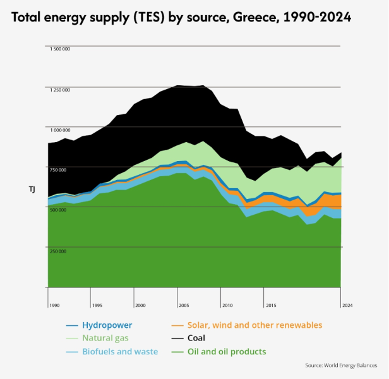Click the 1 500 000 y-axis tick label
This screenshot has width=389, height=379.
[60, 49]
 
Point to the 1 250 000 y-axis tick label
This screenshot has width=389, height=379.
[60, 90]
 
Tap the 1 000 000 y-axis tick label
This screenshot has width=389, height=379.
[60, 129]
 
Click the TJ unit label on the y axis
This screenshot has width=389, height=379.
[32, 189]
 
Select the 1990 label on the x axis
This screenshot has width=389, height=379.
[54, 305]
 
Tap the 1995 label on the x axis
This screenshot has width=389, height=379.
[97, 305]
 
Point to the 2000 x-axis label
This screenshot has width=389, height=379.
[140, 305]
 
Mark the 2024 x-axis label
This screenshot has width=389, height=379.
[347, 305]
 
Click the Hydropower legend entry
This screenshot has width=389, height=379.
[107, 325]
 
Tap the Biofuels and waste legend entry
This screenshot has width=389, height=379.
[120, 352]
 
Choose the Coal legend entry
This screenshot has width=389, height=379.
[196, 339]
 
